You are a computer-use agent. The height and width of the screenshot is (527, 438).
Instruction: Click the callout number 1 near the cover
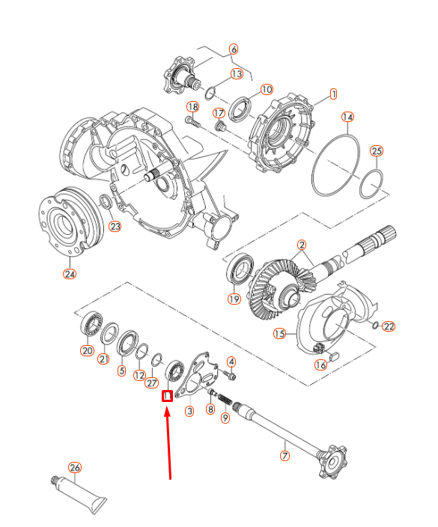[x=333, y=94]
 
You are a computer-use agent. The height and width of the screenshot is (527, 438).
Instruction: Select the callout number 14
[x=347, y=118]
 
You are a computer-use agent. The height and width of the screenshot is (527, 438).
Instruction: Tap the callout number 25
[x=377, y=151]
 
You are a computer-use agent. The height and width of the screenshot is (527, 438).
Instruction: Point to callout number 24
[x=70, y=274]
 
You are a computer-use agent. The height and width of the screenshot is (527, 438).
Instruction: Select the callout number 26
[x=74, y=468]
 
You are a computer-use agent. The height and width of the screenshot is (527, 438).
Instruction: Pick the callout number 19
[x=234, y=299]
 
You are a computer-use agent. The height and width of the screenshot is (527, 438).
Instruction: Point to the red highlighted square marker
[x=168, y=396]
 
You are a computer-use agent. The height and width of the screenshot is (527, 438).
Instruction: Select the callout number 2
[x=302, y=245]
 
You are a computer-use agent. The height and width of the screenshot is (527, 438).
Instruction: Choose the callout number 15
[x=279, y=333]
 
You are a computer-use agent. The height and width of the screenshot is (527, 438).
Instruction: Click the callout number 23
[x=115, y=226]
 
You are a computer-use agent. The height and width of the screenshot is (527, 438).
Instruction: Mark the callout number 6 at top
[x=234, y=49]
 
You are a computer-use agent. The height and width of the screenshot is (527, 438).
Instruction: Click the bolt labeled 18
[x=192, y=120]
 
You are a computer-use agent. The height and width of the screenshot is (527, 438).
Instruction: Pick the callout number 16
[x=320, y=365]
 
